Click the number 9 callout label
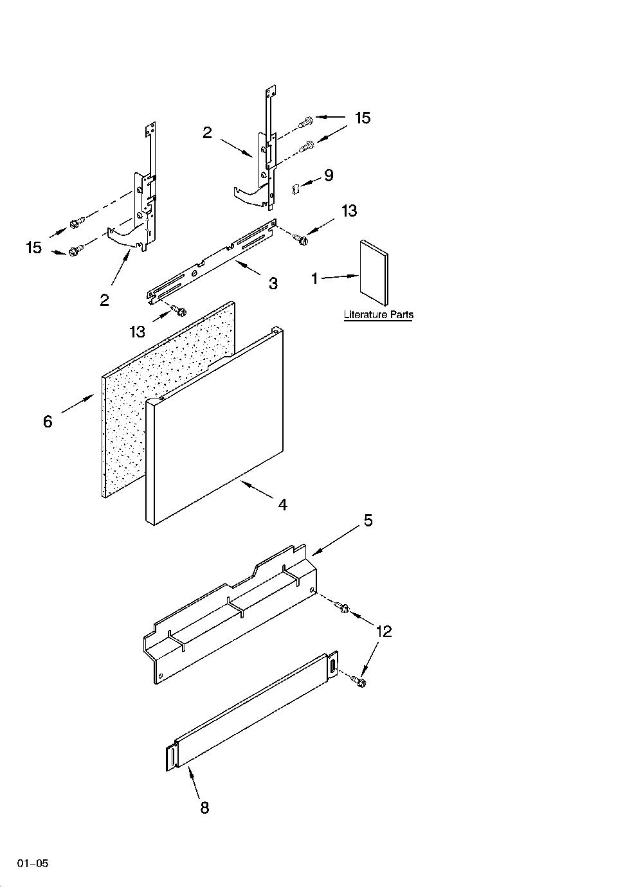click(329, 175)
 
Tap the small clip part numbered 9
click(294, 189)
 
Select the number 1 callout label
click(314, 279)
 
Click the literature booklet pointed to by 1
click(374, 273)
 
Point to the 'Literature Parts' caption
click(378, 315)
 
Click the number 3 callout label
click(273, 283)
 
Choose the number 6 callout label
click(48, 422)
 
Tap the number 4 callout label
click(282, 505)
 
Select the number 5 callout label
click(368, 521)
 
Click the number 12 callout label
click(383, 631)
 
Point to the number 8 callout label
click(204, 808)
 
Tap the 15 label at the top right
click(362, 118)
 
